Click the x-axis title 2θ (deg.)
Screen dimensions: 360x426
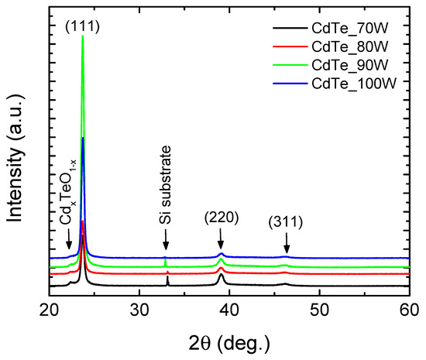pos(228,341)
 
